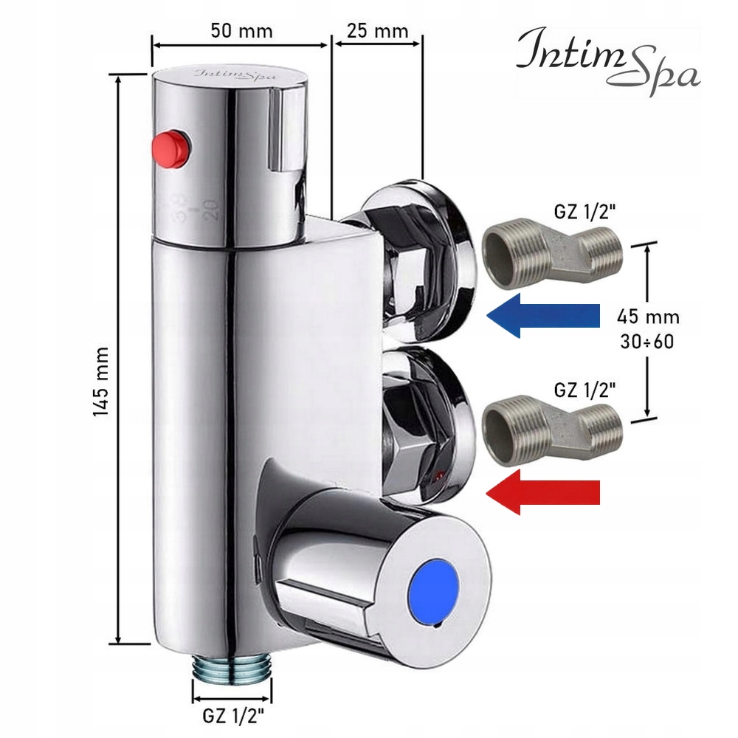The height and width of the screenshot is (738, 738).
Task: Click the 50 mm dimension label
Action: tap(241, 31)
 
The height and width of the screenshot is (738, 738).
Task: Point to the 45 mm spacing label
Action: tap(647, 317)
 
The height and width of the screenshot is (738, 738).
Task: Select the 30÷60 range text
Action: tap(647, 342)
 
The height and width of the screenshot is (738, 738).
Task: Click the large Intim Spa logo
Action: tap(607, 59)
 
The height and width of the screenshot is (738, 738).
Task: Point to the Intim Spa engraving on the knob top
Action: tap(226, 74)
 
